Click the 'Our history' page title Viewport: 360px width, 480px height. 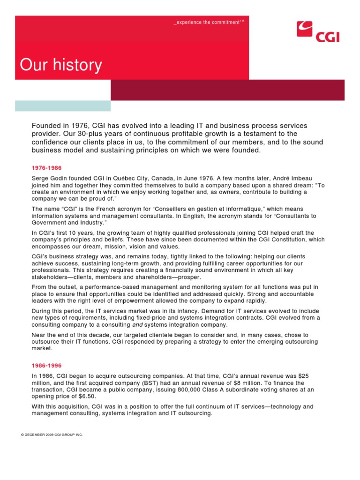[61, 65]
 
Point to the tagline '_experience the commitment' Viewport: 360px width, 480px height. [209, 22]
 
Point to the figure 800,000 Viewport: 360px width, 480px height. [217, 390]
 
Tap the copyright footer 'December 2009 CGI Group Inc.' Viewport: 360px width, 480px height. [52, 435]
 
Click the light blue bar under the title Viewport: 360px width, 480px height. [63, 106]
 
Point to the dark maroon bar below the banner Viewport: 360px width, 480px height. [227, 90]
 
